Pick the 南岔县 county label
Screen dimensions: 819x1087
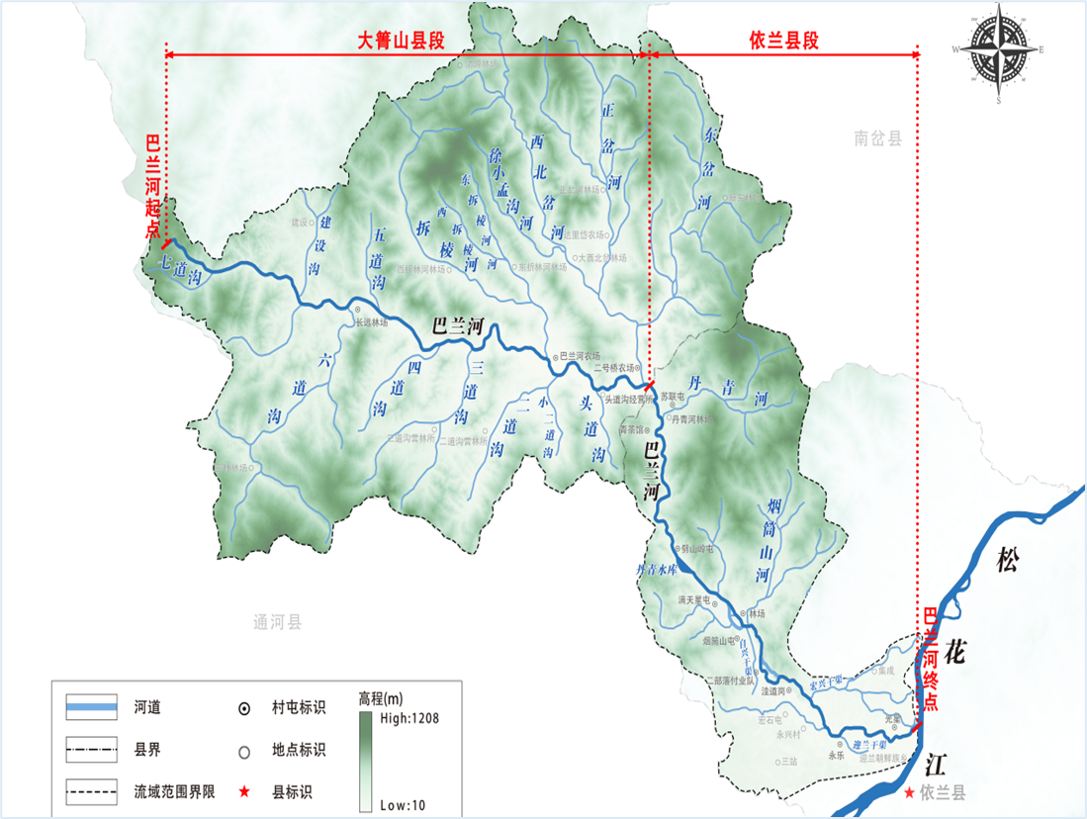tap(878, 139)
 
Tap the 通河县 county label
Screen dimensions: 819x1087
tap(277, 622)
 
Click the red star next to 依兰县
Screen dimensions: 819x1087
tap(910, 792)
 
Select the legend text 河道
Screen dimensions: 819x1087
tap(147, 707)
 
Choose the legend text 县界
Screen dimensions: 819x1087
tap(147, 750)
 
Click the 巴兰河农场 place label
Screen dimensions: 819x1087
tap(580, 356)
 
